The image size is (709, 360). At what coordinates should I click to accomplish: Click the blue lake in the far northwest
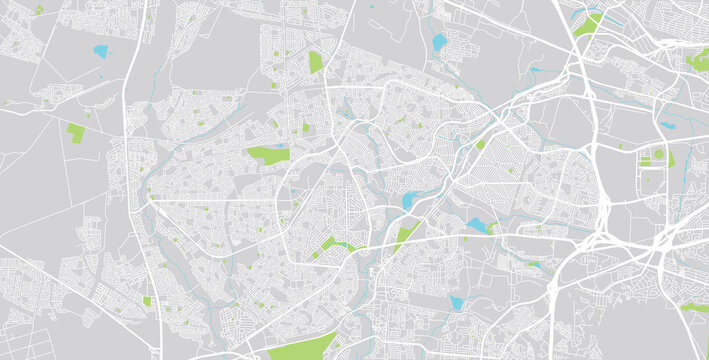click(101, 50)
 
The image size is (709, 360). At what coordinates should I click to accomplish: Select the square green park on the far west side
click(76, 132)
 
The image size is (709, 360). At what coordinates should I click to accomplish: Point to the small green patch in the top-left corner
click(38, 9)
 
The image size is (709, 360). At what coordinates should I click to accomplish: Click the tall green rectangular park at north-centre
click(316, 62)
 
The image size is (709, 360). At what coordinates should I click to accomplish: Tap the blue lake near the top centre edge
click(439, 43)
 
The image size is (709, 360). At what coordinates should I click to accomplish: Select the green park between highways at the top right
click(588, 24)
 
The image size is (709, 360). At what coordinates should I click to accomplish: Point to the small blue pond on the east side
click(667, 127)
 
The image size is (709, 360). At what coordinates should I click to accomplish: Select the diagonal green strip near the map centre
click(404, 236)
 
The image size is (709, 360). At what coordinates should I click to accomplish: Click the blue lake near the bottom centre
click(457, 302)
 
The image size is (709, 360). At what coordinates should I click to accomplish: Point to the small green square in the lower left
click(147, 301)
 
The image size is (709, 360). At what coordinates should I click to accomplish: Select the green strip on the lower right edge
click(694, 308)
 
